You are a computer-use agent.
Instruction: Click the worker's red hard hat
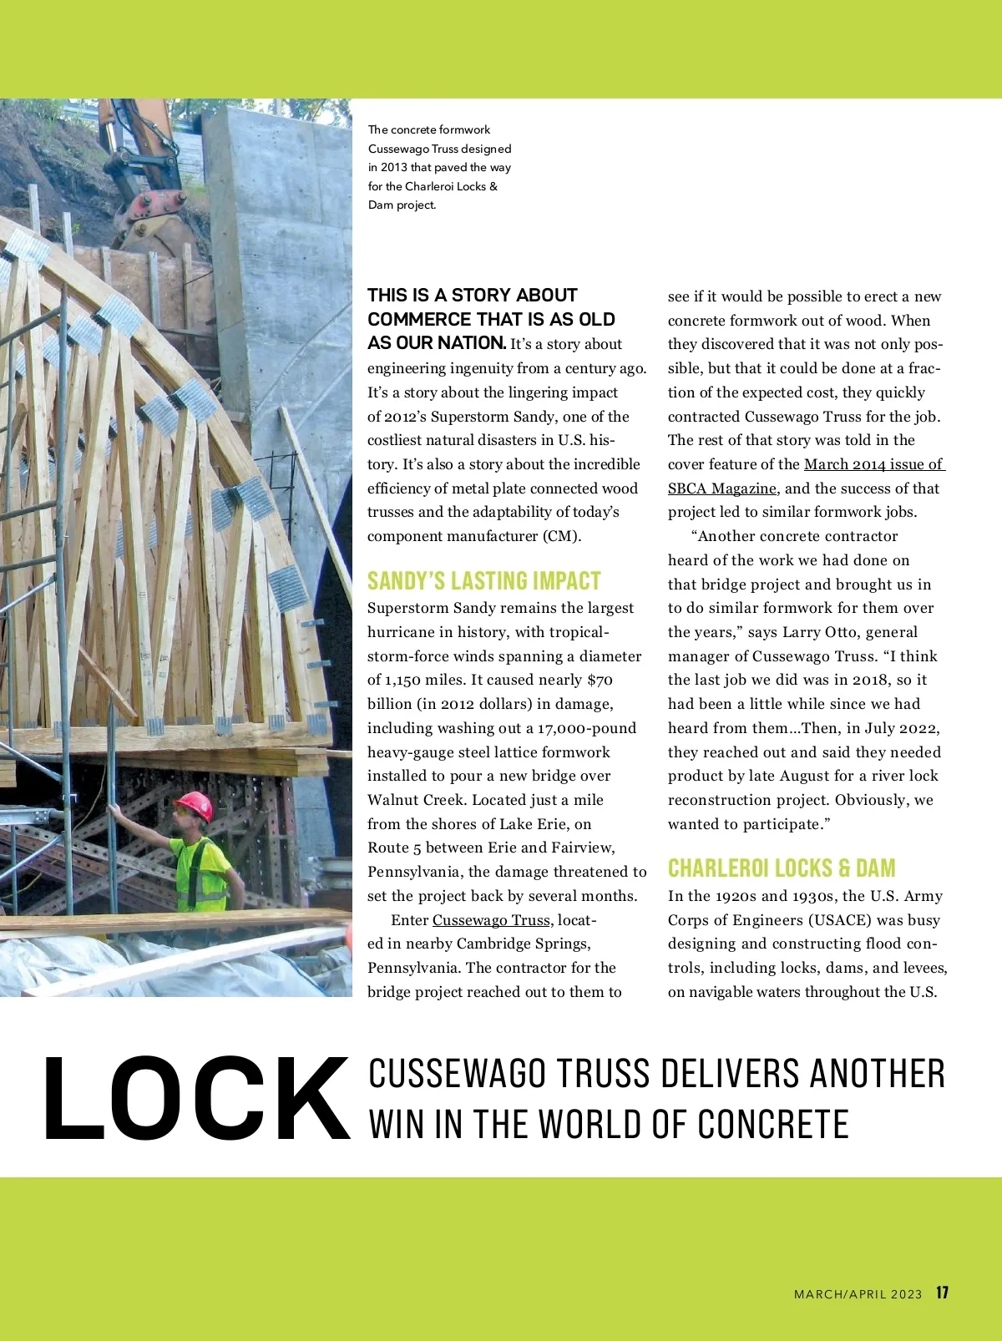(x=195, y=805)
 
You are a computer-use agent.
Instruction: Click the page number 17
(x=942, y=1293)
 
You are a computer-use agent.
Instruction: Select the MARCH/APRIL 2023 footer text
(x=858, y=1294)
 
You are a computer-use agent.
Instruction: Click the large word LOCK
(x=196, y=1100)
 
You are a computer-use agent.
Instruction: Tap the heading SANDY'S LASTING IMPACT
(x=484, y=581)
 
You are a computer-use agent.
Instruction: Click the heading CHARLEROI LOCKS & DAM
(x=782, y=868)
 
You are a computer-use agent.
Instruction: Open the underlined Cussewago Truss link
(x=491, y=920)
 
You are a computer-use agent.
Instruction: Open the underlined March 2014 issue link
(x=873, y=464)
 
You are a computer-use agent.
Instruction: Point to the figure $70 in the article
(x=600, y=680)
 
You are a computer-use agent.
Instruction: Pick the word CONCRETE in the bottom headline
(x=773, y=1125)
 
